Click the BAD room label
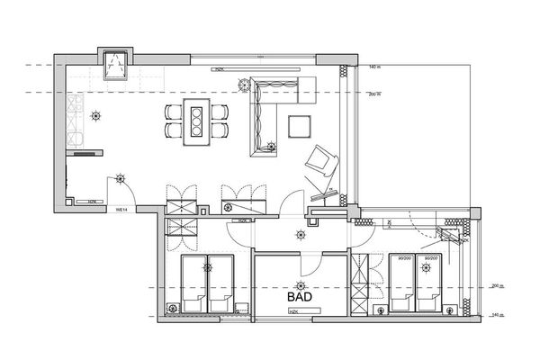pyautogui.click(x=301, y=294)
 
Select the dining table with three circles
pyautogui.click(x=194, y=121)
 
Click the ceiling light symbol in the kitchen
pyautogui.click(x=97, y=114)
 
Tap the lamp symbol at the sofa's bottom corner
pyautogui.click(x=270, y=145)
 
